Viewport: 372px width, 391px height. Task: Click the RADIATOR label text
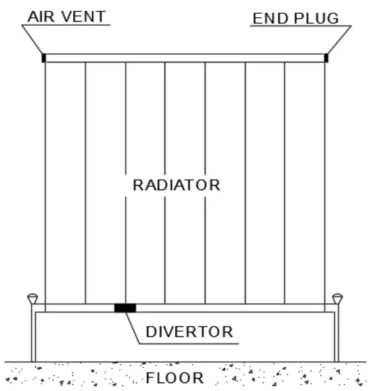(176, 185)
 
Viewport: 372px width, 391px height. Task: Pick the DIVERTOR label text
(189, 332)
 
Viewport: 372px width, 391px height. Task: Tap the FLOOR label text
(174, 378)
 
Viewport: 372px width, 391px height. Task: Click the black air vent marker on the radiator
(43, 58)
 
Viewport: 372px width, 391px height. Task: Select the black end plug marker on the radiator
(326, 58)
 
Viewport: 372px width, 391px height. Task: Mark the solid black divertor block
(124, 307)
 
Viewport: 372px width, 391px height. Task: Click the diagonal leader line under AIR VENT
(33, 41)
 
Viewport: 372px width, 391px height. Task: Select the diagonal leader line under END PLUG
(339, 41)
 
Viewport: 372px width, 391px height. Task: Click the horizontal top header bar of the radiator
(184, 58)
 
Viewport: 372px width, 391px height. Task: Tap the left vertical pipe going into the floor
(33, 336)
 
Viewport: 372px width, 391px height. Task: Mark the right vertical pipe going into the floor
(336, 336)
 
